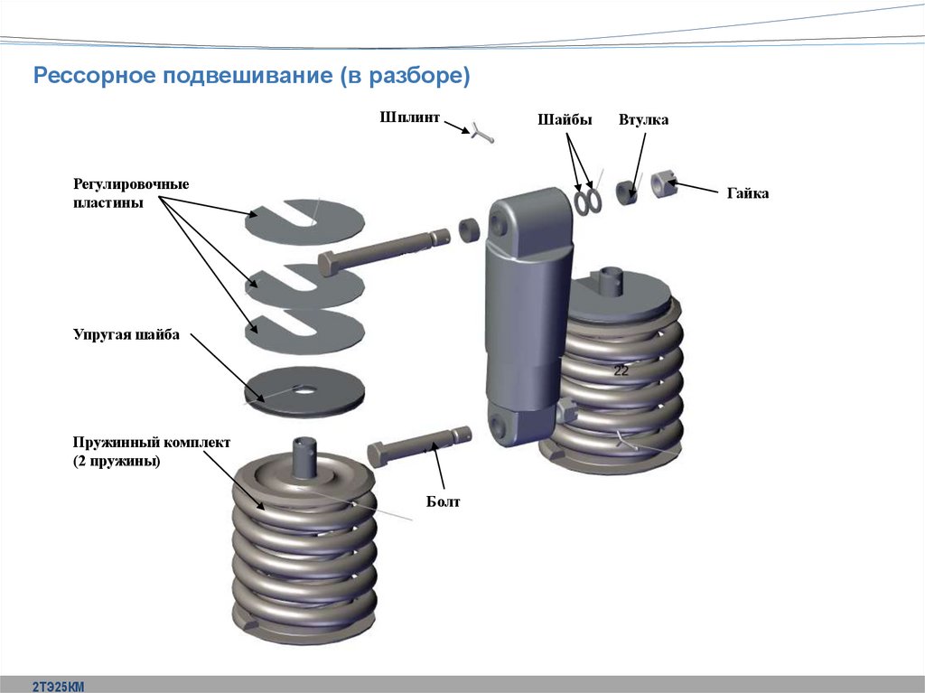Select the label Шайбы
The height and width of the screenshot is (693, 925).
[565, 120]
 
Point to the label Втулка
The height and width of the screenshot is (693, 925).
[643, 120]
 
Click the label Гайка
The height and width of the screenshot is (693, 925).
[747, 193]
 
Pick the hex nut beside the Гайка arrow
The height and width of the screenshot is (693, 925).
[664, 183]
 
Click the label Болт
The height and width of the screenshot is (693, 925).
[444, 501]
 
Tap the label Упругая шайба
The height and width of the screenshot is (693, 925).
[126, 335]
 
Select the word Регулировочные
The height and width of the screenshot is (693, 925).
[131, 184]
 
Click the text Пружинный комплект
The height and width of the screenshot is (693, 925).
[152, 443]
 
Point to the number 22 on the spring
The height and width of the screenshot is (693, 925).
[621, 370]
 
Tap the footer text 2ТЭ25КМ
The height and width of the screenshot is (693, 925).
[58, 686]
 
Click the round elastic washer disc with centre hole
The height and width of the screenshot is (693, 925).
[304, 390]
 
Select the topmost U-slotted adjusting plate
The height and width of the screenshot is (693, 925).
[304, 219]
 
